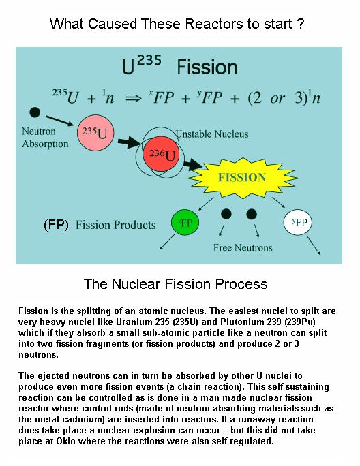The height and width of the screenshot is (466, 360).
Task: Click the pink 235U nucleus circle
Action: (x=95, y=133)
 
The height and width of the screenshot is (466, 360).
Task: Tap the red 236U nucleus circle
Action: (x=162, y=154)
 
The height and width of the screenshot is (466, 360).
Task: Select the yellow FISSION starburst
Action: (x=243, y=178)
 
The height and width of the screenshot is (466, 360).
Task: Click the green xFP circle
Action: (x=185, y=222)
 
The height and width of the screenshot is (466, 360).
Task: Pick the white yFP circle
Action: (x=298, y=222)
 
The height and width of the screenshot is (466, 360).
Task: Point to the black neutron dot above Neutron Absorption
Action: (x=35, y=112)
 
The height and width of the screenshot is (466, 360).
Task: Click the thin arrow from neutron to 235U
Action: (x=59, y=121)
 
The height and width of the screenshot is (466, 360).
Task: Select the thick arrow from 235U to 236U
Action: (x=129, y=142)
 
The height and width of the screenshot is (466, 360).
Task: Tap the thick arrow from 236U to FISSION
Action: (x=192, y=164)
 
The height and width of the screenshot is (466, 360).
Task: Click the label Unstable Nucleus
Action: (x=212, y=134)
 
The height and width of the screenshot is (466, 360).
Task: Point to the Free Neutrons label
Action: (x=243, y=247)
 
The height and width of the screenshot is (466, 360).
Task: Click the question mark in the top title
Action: (x=300, y=23)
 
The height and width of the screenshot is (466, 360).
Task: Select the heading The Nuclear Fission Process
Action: (x=175, y=284)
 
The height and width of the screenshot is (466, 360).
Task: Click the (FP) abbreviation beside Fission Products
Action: (x=56, y=225)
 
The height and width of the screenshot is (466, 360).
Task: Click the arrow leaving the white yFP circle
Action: (x=314, y=245)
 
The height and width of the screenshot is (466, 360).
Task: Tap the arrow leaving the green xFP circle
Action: (x=168, y=242)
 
